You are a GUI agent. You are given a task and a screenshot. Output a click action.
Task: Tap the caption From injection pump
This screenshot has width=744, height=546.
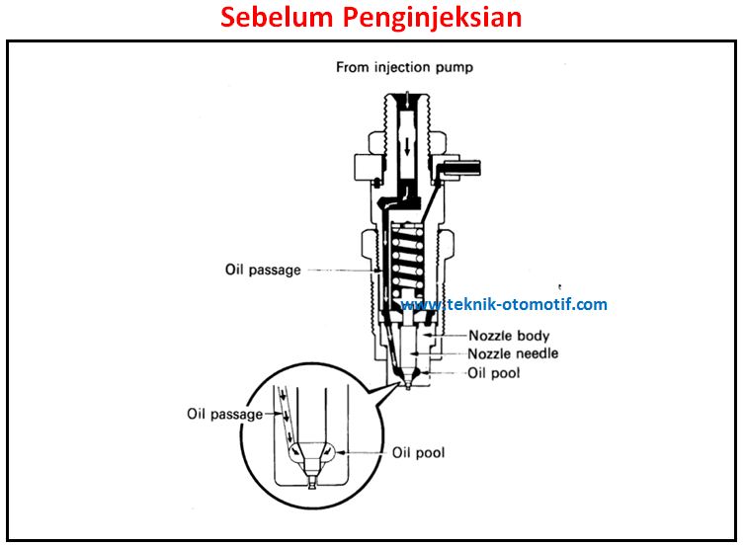pos(404,67)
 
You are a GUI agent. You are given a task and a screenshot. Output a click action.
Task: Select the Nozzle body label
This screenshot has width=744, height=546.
pos(509,336)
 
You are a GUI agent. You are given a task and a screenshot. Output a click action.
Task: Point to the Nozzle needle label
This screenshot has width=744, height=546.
pos(513,353)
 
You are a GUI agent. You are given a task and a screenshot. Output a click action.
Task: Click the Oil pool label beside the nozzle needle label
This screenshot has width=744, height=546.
pos(494,373)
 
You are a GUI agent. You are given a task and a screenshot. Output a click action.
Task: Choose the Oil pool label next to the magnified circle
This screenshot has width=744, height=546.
pos(419,452)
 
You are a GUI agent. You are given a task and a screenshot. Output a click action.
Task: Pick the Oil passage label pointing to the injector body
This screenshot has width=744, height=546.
pos(263,271)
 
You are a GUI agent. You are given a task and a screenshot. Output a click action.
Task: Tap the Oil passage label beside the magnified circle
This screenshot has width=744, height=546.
pos(225,414)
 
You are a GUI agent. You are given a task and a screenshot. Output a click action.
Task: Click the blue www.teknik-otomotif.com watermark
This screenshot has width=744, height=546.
pos(504,304)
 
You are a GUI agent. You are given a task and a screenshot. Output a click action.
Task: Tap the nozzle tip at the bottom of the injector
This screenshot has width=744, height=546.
pos(408,385)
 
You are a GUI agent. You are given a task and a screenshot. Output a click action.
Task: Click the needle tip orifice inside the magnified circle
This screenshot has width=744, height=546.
pos(312,484)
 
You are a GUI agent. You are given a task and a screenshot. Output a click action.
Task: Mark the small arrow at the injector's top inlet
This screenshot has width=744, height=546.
pos(408,99)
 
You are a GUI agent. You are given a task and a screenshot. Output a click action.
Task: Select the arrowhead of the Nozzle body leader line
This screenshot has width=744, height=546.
pos(426,335)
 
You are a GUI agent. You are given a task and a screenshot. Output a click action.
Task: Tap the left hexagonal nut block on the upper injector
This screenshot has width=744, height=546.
pos(369,167)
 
